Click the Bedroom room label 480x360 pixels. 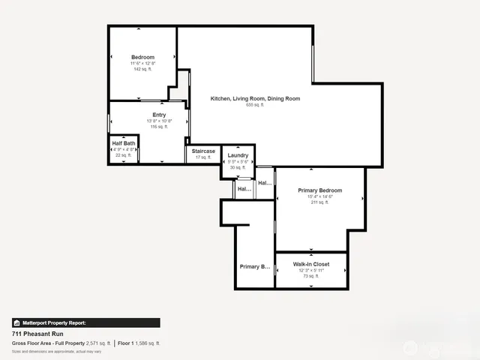142,58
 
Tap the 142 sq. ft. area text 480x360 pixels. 142,70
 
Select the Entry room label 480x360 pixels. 159,115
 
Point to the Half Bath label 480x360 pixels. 124,143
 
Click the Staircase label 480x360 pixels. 203,151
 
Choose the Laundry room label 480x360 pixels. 238,155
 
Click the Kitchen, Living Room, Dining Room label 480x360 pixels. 255,99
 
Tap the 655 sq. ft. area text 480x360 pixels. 255,105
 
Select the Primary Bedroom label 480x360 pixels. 319,190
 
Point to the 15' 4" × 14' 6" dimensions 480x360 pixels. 319,196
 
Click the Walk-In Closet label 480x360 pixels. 310,264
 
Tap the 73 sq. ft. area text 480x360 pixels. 310,276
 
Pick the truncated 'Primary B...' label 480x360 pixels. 254,266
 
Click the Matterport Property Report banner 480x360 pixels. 85,322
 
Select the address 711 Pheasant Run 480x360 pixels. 38,334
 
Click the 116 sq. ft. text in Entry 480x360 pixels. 159,127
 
